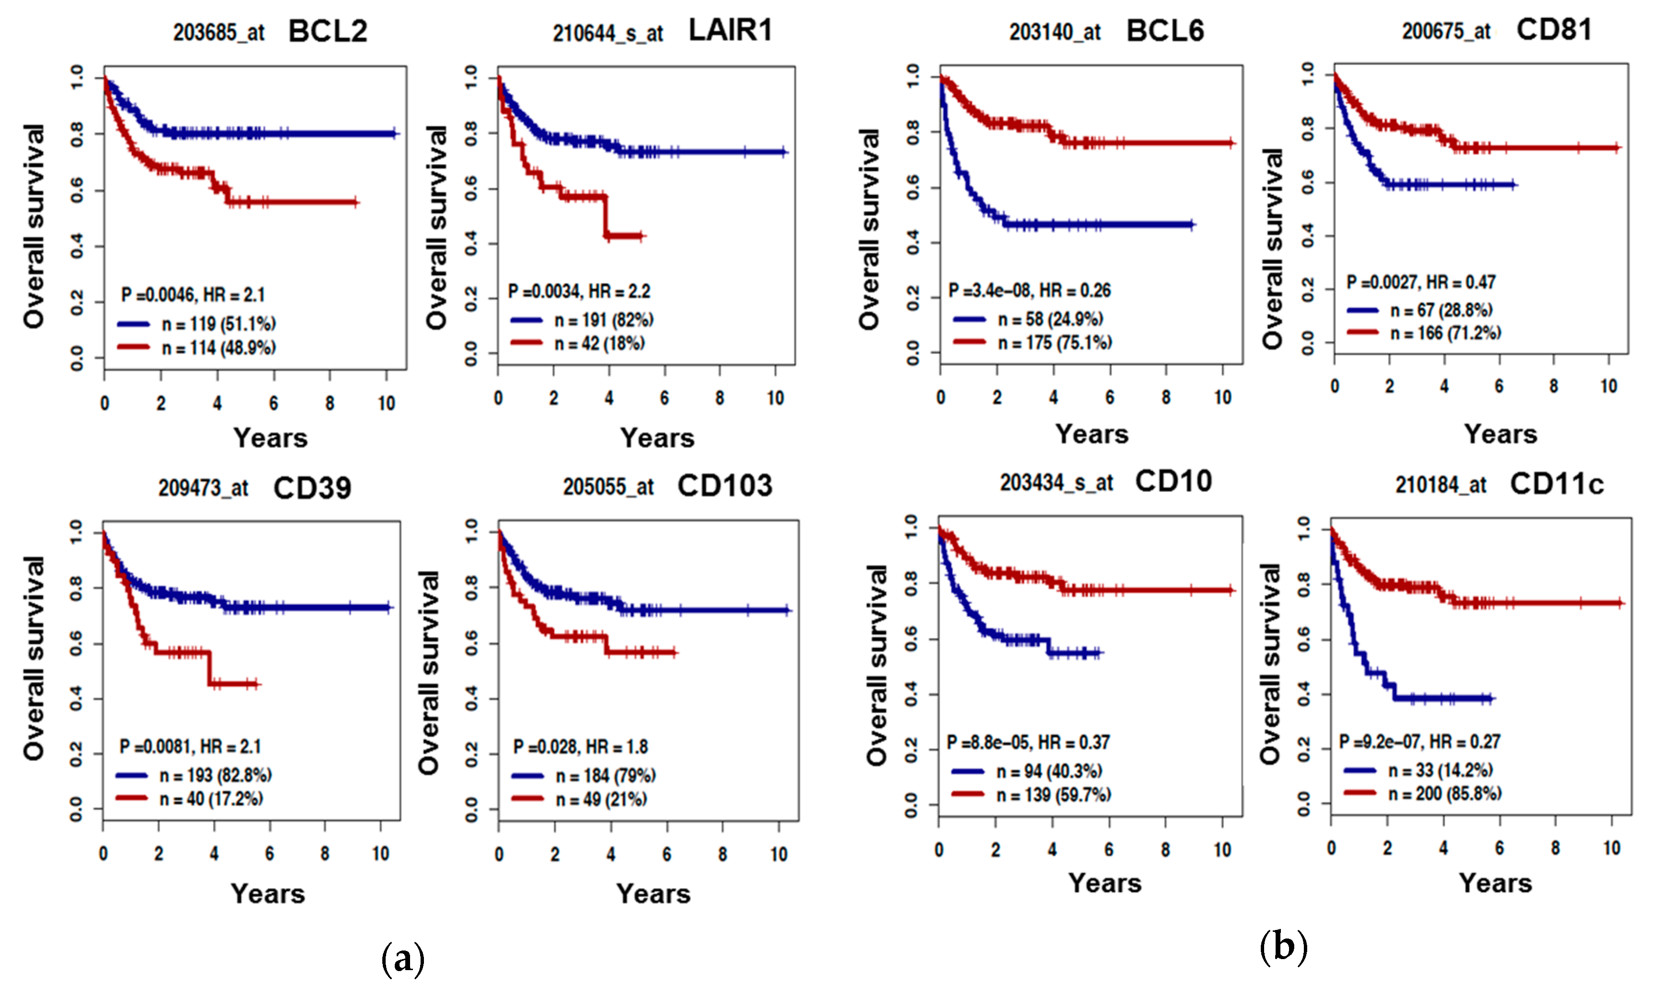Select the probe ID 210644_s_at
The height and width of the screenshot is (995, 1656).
click(x=607, y=34)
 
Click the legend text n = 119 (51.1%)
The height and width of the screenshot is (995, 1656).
click(x=219, y=324)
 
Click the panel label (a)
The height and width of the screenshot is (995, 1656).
click(x=402, y=959)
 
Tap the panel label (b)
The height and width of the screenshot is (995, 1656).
click(x=1283, y=947)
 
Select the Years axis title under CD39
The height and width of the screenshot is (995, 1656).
click(x=268, y=894)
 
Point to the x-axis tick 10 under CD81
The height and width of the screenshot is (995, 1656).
click(x=1609, y=386)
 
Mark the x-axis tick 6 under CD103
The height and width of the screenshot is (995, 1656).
click(x=666, y=854)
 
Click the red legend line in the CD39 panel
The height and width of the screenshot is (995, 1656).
click(x=132, y=798)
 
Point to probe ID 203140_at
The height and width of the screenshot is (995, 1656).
click(x=1055, y=32)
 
